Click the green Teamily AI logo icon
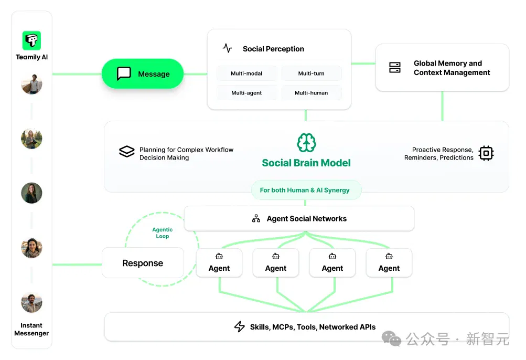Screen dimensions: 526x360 click(x=31, y=40)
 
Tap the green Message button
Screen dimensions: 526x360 click(x=143, y=74)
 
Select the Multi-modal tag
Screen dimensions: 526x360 click(x=246, y=73)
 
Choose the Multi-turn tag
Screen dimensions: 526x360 click(x=312, y=73)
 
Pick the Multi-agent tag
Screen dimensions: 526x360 click(x=246, y=93)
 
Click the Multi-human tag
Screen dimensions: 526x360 click(x=312, y=93)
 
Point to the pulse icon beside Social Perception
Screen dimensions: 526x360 click(x=227, y=48)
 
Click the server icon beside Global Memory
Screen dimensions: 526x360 click(x=395, y=68)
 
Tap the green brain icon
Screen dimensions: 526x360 click(x=306, y=143)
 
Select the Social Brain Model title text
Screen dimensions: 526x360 click(x=306, y=163)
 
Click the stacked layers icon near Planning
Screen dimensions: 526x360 click(x=127, y=152)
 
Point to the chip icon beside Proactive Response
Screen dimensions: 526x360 click(x=486, y=153)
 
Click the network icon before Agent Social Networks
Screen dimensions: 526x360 click(x=256, y=219)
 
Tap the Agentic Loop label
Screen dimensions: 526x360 click(x=163, y=232)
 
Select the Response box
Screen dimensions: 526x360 click(x=143, y=263)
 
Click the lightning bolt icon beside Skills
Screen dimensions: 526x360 click(x=240, y=326)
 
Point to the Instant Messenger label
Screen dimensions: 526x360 click(x=31, y=330)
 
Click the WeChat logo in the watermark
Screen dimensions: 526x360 click(x=391, y=338)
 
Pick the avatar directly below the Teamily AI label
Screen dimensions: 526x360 click(x=31, y=84)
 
